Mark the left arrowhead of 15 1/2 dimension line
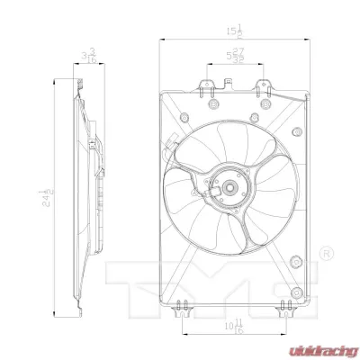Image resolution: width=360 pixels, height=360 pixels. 162,40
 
